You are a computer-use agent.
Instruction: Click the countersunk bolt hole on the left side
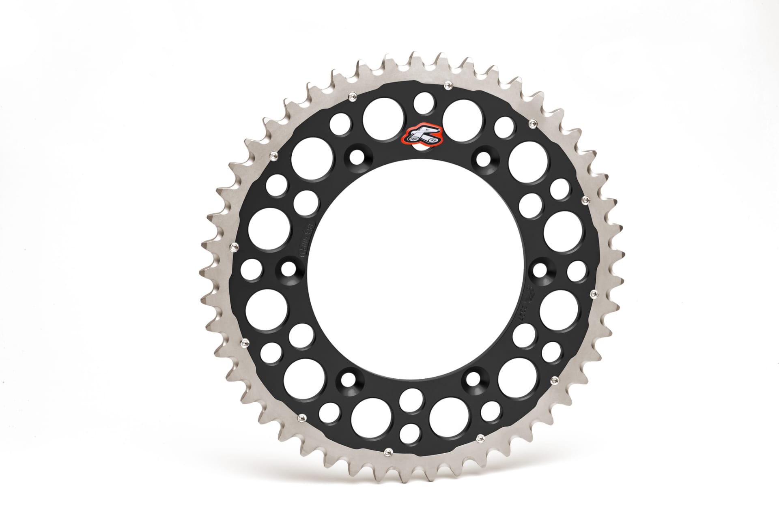click(288, 268)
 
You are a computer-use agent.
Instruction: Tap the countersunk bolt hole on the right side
click(540, 270)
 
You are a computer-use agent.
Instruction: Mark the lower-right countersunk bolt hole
click(473, 380)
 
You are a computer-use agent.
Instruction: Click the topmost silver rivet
click(448, 84)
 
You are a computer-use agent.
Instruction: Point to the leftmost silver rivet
click(234, 247)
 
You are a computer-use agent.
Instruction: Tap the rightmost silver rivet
click(594, 292)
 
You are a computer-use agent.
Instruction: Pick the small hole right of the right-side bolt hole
click(577, 270)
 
